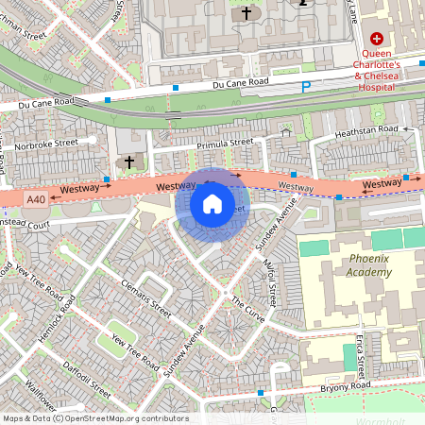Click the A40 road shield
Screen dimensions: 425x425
coord(36,199)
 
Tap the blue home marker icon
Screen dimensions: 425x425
coord(212,203)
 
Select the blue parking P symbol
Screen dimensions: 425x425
coord(304,88)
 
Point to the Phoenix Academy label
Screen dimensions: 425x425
coord(356,265)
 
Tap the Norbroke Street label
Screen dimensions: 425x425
coord(46,145)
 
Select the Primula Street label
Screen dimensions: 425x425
coord(225,143)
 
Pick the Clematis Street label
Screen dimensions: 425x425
coord(146,297)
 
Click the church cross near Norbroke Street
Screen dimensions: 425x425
coord(128,162)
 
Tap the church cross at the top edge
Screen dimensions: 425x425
coord(246,13)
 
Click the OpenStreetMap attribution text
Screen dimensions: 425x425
coord(94,418)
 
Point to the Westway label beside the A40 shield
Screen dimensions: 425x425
coord(79,190)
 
